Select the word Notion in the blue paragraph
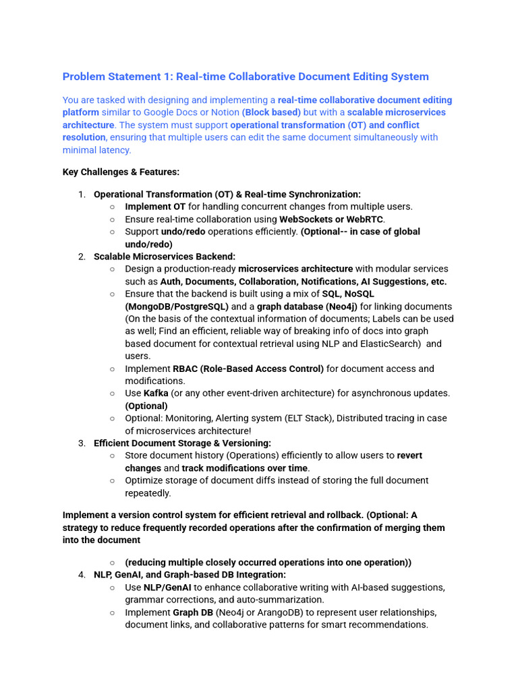(222, 113)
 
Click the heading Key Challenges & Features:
(121, 172)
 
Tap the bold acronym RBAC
(185, 369)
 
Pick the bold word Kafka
(156, 394)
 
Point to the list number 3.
(81, 443)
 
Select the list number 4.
(81, 575)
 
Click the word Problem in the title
(84, 77)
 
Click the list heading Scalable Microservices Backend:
(165, 257)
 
